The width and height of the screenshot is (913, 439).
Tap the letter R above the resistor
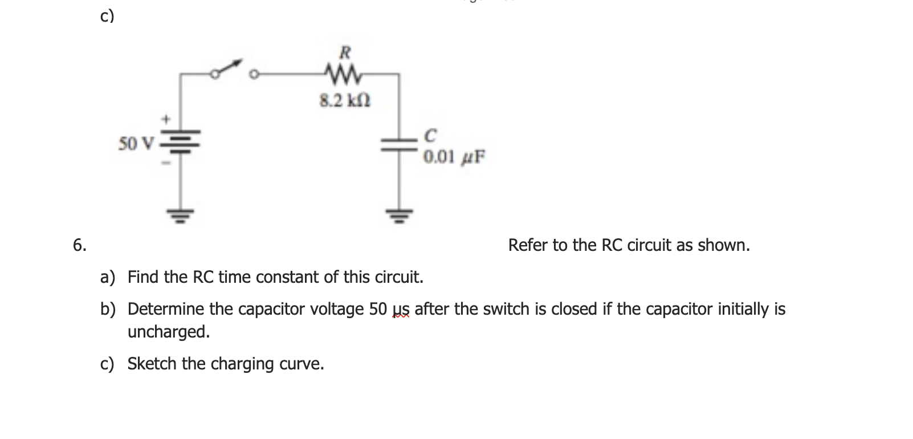click(x=344, y=53)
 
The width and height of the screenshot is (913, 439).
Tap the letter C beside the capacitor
click(x=431, y=136)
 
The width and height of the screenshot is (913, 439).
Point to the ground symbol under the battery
click(x=181, y=215)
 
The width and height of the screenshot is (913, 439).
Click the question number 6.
click(x=80, y=245)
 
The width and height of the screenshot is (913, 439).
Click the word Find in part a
click(x=144, y=277)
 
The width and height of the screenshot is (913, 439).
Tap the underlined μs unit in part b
click(x=401, y=310)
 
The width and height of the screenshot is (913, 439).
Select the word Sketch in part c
click(x=152, y=363)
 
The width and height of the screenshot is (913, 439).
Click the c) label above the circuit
click(x=107, y=17)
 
